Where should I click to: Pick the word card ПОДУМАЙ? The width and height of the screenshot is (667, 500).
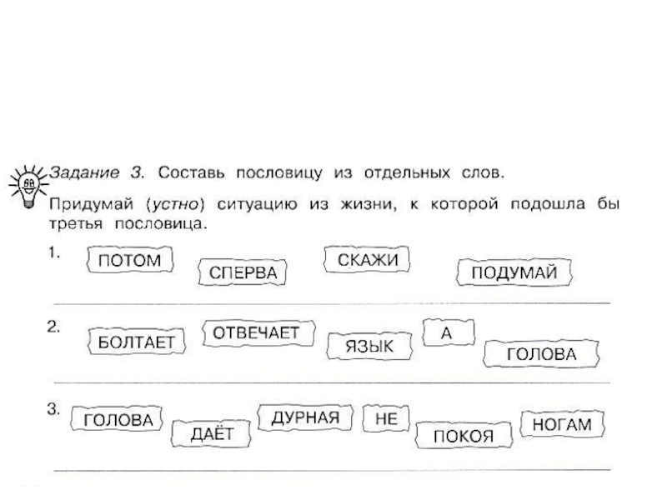[x=514, y=272]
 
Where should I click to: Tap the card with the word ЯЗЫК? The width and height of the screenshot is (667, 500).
[x=369, y=344]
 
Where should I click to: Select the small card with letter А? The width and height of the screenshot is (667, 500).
[x=447, y=332]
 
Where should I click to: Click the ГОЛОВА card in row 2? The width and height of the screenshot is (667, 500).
[x=542, y=353]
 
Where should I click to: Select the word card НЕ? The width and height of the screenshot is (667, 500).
[x=385, y=420]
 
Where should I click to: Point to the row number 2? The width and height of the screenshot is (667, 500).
[x=53, y=328]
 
